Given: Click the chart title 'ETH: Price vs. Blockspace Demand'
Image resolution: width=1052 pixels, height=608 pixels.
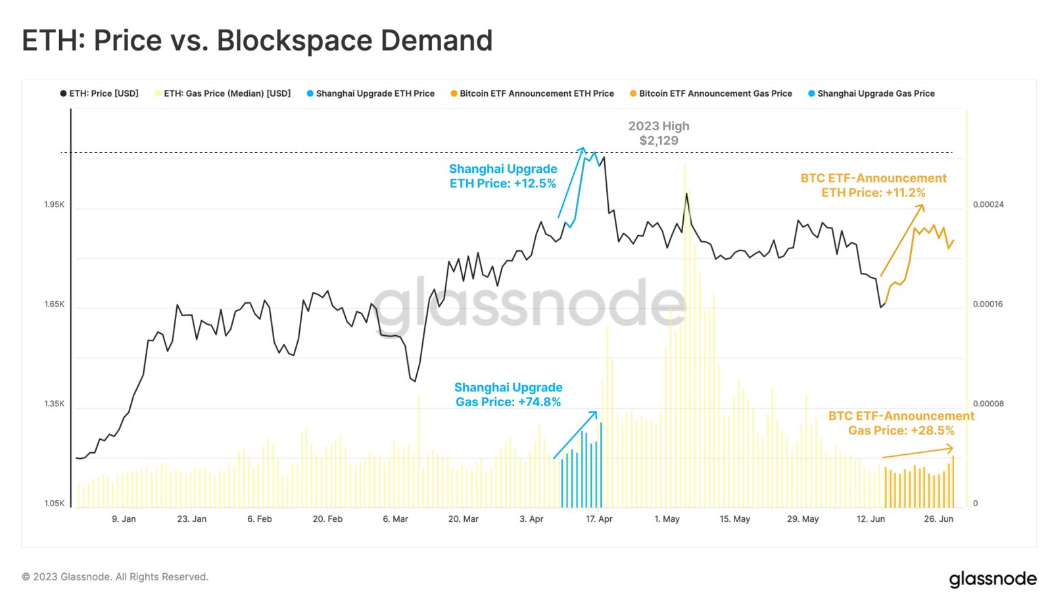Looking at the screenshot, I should point(257,41).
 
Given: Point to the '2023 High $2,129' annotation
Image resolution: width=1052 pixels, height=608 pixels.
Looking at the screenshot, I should point(658,133).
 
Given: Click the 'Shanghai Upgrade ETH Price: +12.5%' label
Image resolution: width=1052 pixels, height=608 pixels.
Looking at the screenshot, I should point(503,176).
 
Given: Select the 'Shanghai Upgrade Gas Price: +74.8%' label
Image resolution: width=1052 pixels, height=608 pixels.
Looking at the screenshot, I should point(508,394).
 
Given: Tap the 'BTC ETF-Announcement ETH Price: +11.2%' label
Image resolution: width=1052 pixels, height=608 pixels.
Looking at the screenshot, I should point(873,185).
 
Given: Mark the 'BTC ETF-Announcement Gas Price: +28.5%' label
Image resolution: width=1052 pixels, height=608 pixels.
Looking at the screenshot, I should point(901,423).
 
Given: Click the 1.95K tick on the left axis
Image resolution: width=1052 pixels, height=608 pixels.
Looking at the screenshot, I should point(55,204).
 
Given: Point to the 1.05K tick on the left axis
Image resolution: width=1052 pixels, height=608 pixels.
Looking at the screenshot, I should point(55,503).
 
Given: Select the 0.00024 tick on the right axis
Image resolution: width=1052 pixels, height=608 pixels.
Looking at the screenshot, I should point(988,204).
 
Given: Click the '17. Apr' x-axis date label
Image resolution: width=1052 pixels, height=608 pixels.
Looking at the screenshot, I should point(599,519).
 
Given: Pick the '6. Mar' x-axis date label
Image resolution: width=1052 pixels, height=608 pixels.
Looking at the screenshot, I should point(395,519).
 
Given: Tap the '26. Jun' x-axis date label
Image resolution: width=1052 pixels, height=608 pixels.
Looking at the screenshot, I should point(938,519).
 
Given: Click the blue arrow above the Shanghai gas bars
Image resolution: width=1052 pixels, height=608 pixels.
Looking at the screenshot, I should point(575,434).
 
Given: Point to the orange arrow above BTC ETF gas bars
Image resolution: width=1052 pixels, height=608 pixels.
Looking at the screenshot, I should point(917,452).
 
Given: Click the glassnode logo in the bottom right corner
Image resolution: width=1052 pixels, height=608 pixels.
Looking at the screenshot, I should point(992,579).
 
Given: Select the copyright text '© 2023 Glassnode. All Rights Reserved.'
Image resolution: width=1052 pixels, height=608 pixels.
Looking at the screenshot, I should point(115,577).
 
